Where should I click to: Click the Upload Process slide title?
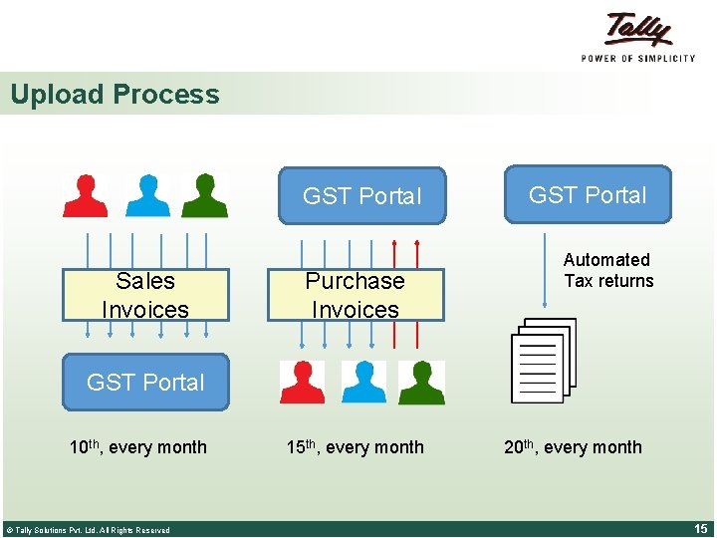click(x=115, y=95)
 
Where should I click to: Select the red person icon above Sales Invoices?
click(x=85, y=195)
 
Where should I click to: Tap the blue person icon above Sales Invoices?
click(x=147, y=195)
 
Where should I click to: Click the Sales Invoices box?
click(x=145, y=295)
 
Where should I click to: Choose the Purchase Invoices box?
click(x=355, y=295)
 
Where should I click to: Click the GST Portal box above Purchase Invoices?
click(x=361, y=196)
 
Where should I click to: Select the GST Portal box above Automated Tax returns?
click(x=588, y=194)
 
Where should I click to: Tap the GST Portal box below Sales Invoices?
click(x=145, y=382)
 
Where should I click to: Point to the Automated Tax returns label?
click(x=607, y=270)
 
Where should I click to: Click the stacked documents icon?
click(x=544, y=360)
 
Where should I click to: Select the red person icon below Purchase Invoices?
click(x=302, y=382)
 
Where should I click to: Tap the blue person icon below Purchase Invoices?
click(x=362, y=382)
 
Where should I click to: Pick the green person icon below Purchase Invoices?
click(x=421, y=382)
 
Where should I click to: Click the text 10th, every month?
click(x=137, y=447)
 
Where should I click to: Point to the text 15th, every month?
click(x=355, y=447)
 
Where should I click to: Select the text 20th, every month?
click(x=573, y=447)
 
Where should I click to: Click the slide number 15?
click(x=699, y=528)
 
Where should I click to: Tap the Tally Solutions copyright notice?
click(x=88, y=530)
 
